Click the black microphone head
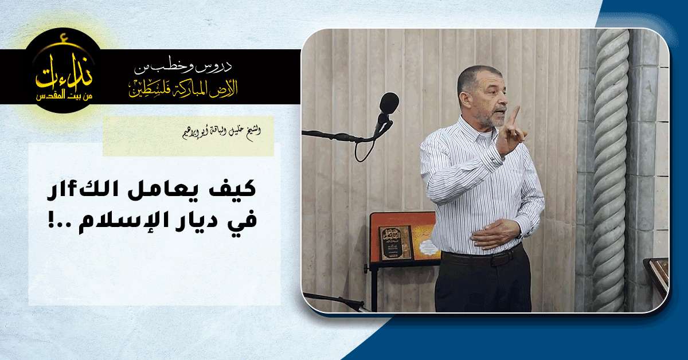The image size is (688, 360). click(389, 104)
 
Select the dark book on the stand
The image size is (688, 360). click(395, 242)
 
